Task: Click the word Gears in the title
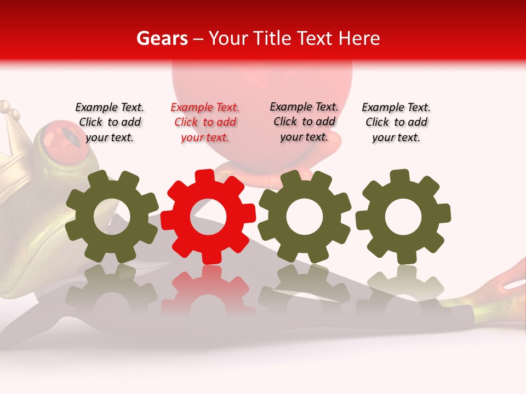tap(162, 38)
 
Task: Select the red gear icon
tap(208, 217)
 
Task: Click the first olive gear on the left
tap(112, 217)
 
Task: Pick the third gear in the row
tap(305, 216)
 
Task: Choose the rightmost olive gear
tap(403, 217)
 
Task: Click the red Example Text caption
tap(205, 123)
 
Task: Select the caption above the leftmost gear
tap(110, 123)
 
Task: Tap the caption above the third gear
tap(304, 122)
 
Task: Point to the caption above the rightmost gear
tap(396, 123)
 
